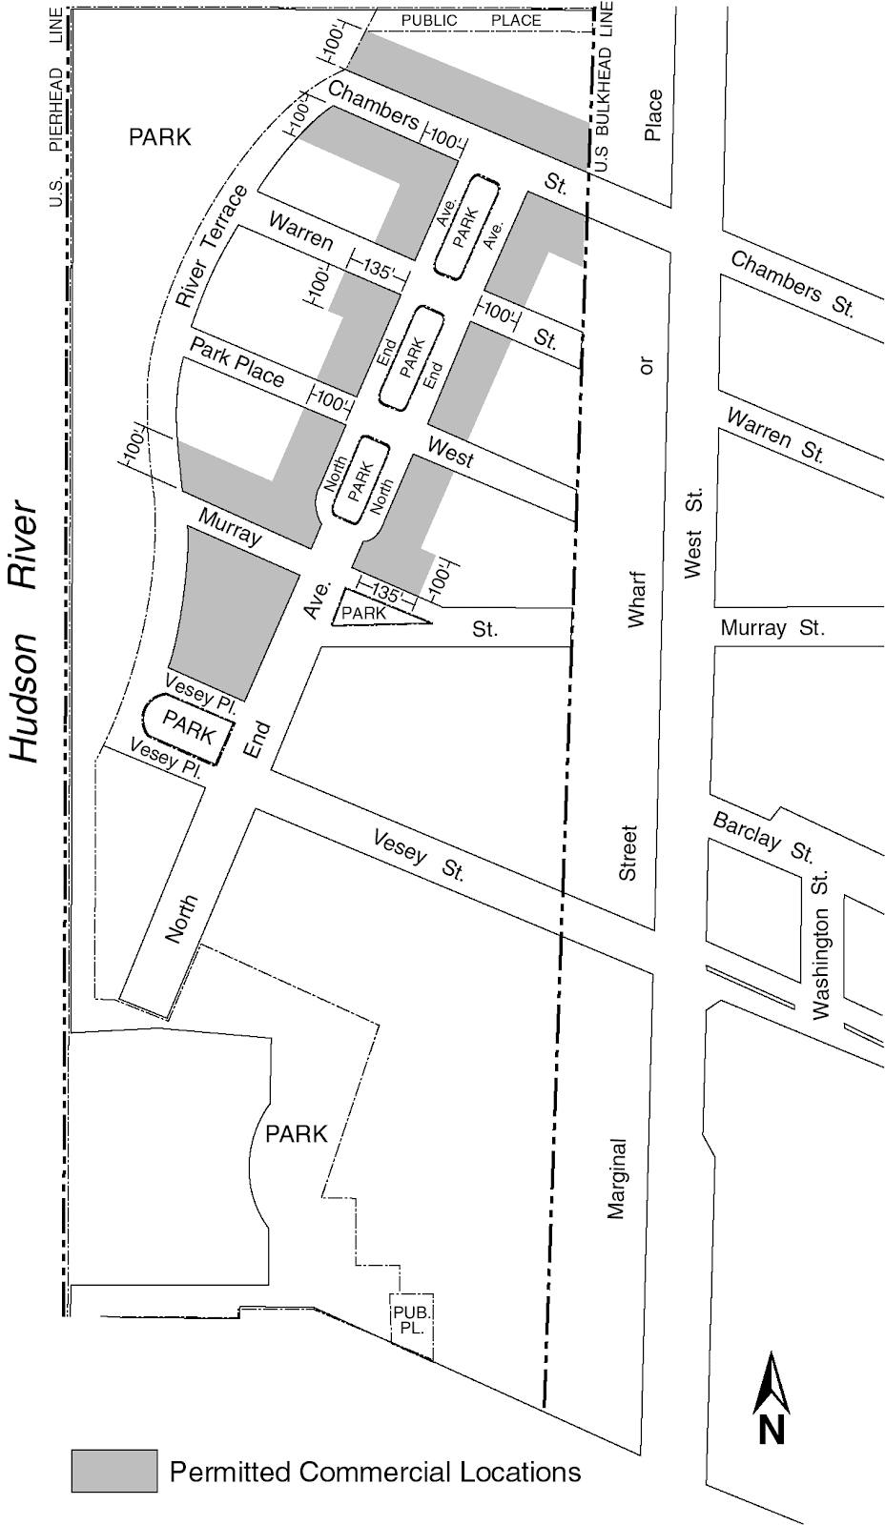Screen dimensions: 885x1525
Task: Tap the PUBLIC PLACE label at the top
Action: [x=470, y=20]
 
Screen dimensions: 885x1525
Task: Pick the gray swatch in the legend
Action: [x=113, y=1471]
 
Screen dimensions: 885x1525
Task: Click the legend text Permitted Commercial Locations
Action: [x=375, y=1472]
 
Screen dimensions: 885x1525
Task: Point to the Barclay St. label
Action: [x=763, y=836]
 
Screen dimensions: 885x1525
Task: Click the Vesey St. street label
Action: [x=418, y=856]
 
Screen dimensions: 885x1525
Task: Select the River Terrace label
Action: [x=212, y=246]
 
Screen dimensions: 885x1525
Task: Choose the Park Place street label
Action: [x=237, y=362]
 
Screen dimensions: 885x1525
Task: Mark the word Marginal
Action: [x=617, y=1178]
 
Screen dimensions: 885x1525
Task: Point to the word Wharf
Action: [x=637, y=599]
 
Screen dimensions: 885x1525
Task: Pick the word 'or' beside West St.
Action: [x=648, y=365]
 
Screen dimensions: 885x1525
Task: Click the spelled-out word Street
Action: [x=628, y=853]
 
